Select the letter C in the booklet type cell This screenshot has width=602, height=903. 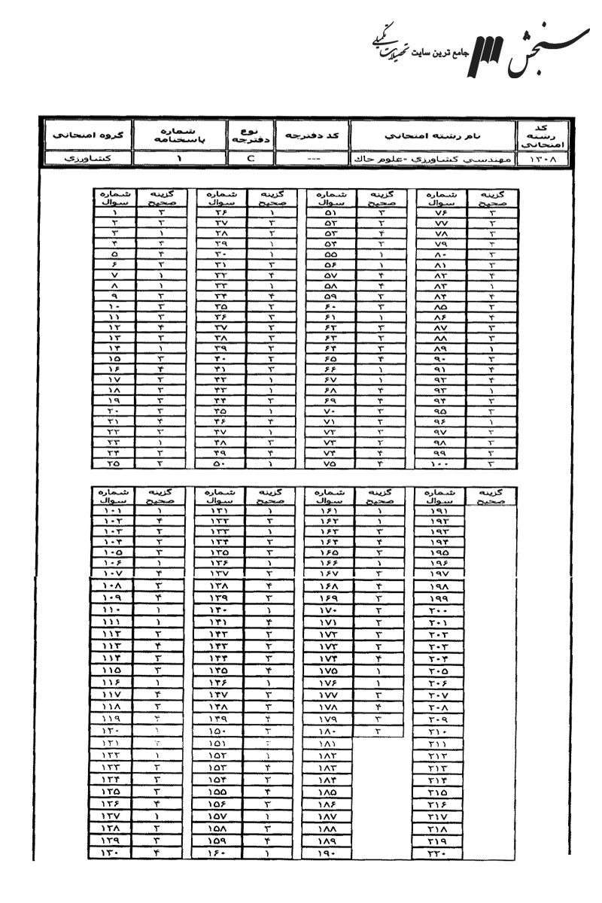pyautogui.click(x=251, y=159)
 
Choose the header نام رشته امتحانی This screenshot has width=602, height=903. pyautogui.click(x=433, y=136)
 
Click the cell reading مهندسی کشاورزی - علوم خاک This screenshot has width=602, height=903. pyautogui.click(x=433, y=159)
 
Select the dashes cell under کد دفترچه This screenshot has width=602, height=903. pyautogui.click(x=312, y=159)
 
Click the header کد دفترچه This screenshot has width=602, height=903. pyautogui.click(x=312, y=136)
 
